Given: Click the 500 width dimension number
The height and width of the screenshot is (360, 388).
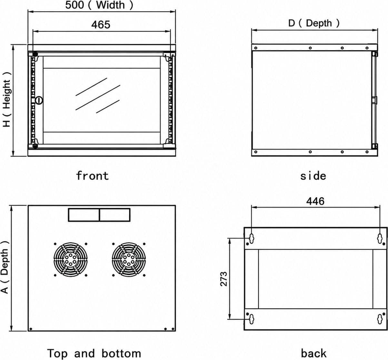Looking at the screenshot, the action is click(x=75, y=5).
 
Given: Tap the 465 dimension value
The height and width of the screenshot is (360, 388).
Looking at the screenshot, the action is click(x=101, y=24).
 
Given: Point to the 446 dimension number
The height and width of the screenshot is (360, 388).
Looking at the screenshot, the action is click(x=315, y=201).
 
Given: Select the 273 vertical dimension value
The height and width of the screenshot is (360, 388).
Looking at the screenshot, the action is click(x=224, y=279).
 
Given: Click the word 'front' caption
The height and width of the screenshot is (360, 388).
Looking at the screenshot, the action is click(x=92, y=176).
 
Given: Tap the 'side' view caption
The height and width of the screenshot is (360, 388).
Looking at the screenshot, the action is click(x=313, y=176).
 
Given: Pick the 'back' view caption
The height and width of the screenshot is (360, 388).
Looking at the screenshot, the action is click(x=313, y=353).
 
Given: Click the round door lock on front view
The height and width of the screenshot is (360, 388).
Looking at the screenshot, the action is click(x=39, y=100).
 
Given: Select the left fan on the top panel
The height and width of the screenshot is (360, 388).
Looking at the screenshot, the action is click(x=71, y=260).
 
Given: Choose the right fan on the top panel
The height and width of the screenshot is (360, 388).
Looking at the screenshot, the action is click(x=129, y=260).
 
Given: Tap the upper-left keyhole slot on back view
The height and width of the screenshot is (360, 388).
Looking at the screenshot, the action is click(x=252, y=238).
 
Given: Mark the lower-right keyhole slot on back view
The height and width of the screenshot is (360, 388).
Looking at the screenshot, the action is click(x=380, y=319).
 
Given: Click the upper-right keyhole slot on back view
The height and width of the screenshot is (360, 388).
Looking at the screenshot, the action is click(x=380, y=238).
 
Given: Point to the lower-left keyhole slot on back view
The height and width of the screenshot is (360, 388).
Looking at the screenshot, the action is click(x=252, y=319).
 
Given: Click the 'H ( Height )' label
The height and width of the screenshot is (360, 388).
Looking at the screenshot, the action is click(x=7, y=100).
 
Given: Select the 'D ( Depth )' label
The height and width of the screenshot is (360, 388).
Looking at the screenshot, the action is click(x=314, y=23).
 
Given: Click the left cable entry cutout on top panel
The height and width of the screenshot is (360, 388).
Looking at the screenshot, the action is click(x=84, y=215).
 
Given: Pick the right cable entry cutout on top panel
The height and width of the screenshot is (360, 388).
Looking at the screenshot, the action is click(x=115, y=215).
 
